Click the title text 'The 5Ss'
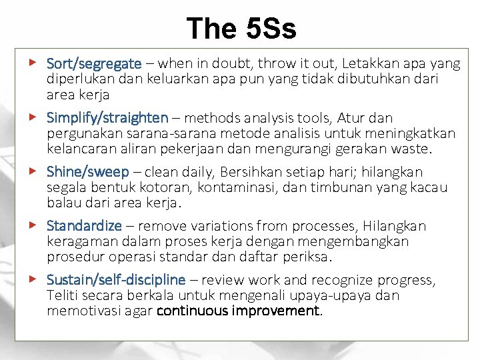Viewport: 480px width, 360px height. pyautogui.click(x=241, y=29)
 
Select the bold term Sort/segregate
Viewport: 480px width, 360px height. pyautogui.click(x=94, y=64)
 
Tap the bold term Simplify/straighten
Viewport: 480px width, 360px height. pyautogui.click(x=107, y=118)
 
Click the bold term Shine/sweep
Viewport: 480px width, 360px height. pyautogui.click(x=87, y=172)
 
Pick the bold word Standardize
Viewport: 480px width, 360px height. pyautogui.click(x=85, y=226)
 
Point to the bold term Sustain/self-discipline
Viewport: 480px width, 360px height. pyautogui.click(x=115, y=280)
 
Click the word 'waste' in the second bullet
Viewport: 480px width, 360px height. pyautogui.click(x=413, y=148)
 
